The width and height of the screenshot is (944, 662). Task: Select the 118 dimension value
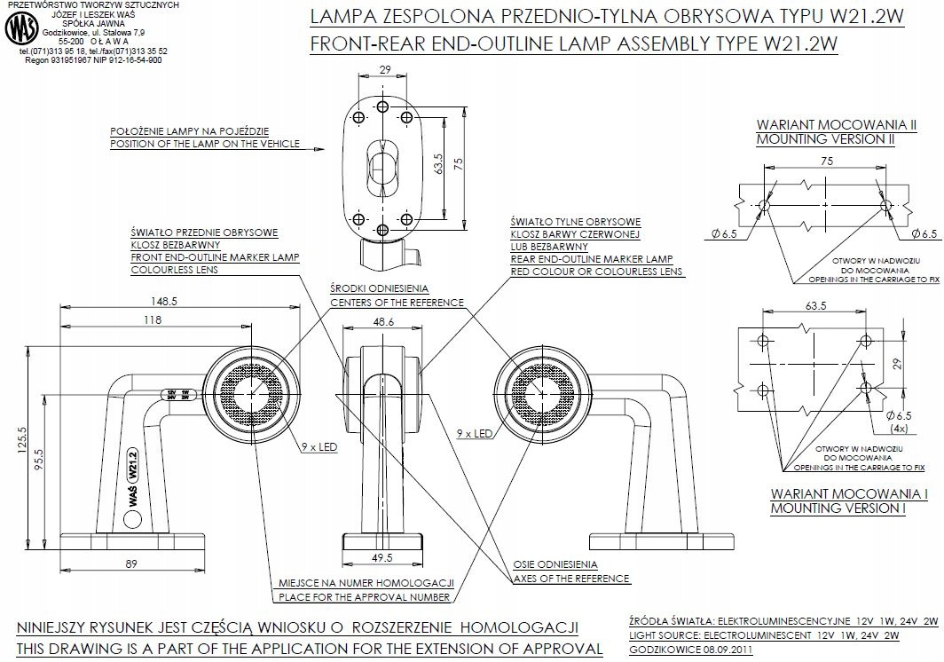tap(153, 320)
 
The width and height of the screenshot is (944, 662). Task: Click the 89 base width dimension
tap(131, 563)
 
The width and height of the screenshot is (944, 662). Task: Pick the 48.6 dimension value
tap(385, 323)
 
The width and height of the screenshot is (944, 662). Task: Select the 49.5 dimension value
tap(384, 558)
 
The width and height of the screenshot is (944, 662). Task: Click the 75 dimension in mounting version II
tap(825, 162)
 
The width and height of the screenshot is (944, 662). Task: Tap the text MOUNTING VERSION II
tap(825, 139)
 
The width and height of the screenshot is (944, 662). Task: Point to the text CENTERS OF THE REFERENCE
tap(397, 303)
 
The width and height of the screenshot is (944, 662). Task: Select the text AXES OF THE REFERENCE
tap(571, 579)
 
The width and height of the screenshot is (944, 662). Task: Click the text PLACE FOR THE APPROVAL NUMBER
tap(365, 595)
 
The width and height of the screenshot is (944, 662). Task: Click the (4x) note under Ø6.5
tap(900, 429)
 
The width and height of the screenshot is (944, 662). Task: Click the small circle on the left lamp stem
tap(131, 523)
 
